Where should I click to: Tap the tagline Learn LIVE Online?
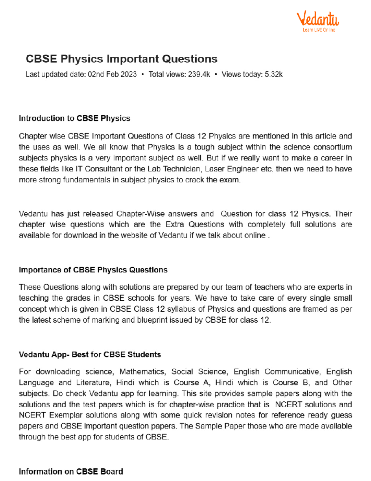(319, 30)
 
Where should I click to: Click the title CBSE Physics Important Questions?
(122, 59)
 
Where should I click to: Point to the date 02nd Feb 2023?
(112, 74)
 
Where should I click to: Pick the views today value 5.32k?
(274, 74)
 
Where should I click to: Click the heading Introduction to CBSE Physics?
(75, 118)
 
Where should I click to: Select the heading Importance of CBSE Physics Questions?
(93, 270)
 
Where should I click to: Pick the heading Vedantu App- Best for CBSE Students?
(90, 355)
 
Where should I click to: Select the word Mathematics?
(143, 372)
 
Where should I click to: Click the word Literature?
(93, 383)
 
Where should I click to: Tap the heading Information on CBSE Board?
(71, 472)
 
